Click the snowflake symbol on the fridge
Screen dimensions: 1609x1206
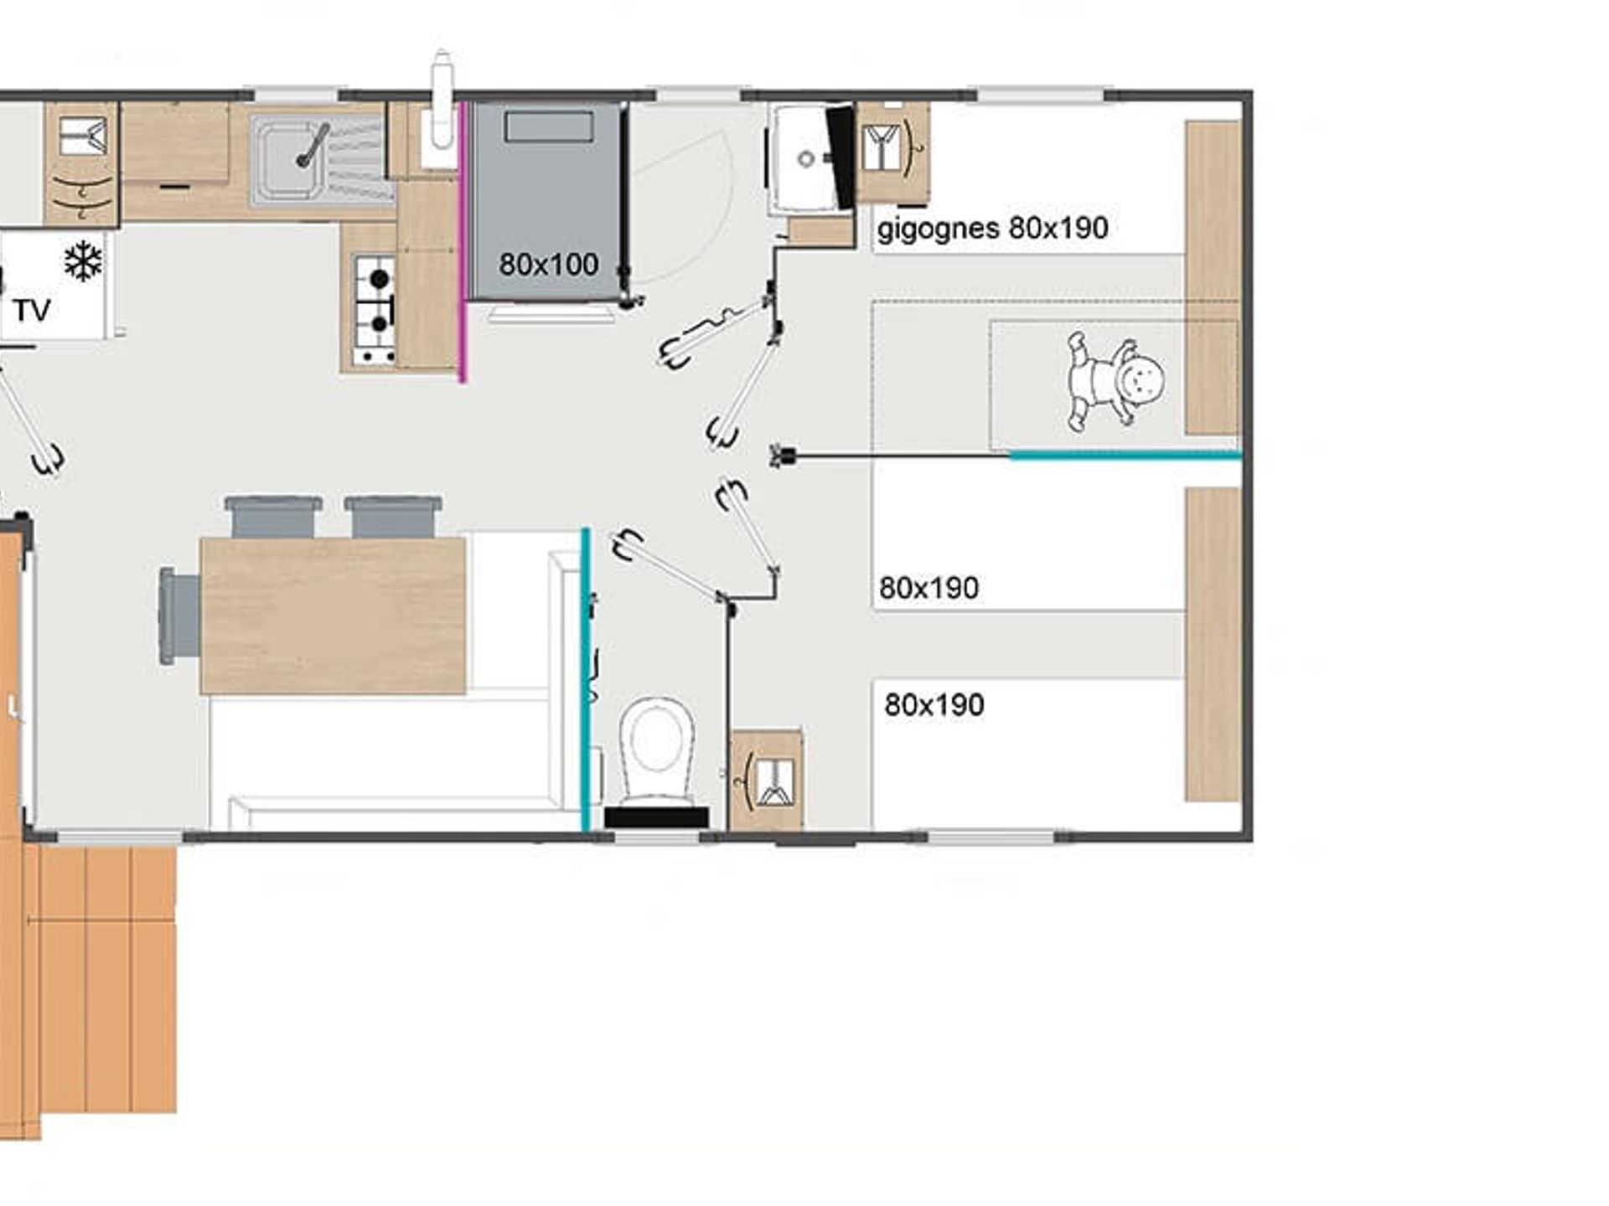pos(83,261)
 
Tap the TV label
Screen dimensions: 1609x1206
pos(32,311)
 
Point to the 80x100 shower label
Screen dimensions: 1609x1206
pos(548,265)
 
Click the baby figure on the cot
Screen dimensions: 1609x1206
pos(1115,381)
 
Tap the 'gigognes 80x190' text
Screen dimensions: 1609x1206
pos(992,228)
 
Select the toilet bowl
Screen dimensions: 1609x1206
pos(656,750)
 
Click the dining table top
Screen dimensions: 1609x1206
pos(333,616)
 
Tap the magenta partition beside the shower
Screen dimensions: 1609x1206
pos(462,242)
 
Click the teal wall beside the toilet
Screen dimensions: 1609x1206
pos(586,679)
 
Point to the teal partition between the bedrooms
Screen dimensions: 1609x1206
pos(1125,456)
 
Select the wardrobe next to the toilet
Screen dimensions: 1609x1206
pos(766,780)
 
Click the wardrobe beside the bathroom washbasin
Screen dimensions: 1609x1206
pos(892,152)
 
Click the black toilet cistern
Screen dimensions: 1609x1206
pos(656,817)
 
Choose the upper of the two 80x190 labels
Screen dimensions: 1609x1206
pos(929,588)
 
